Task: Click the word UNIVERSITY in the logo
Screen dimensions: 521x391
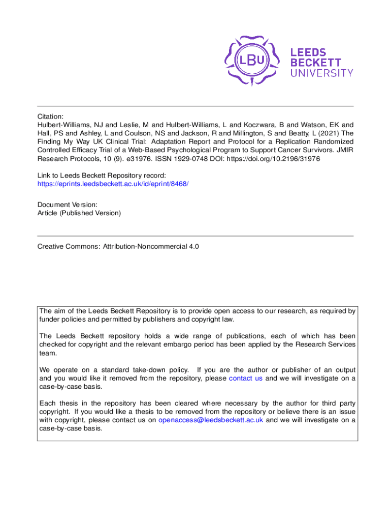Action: click(x=321, y=73)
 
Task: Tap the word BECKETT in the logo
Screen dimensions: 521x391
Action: click(x=315, y=63)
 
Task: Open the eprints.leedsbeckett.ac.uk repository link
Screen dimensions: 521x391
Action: click(x=113, y=183)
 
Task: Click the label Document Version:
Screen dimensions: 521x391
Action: click(x=64, y=205)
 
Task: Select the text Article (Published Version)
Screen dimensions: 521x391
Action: click(x=79, y=213)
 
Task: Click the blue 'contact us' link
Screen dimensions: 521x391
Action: click(x=246, y=379)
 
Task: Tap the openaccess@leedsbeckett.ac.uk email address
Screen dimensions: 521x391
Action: click(x=211, y=420)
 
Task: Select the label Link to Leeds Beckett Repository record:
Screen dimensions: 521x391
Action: click(x=102, y=175)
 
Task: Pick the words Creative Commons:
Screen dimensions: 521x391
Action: click(x=69, y=247)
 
